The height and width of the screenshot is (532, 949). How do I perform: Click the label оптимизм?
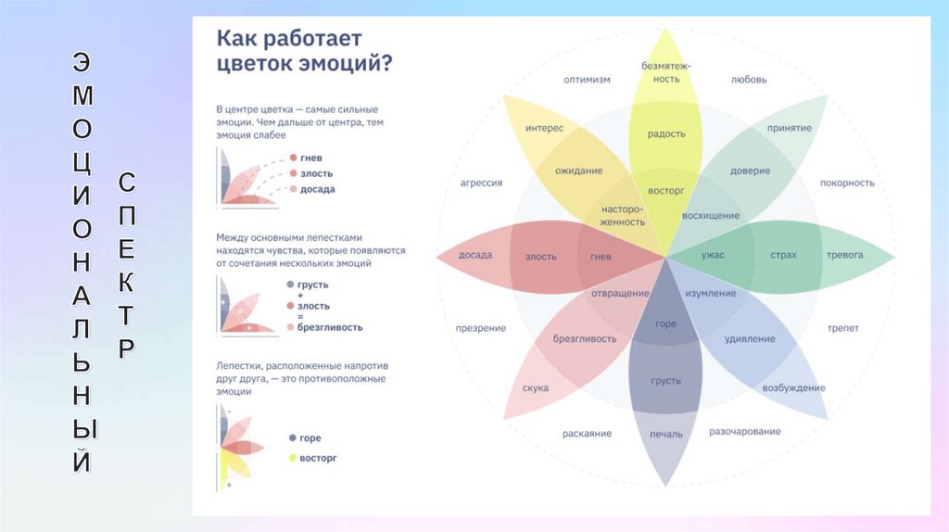pos(587,80)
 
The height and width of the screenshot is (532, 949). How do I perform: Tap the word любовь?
pos(748,80)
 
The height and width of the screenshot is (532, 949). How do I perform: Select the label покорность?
pos(846,183)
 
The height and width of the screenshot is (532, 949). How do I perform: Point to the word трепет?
pos(842,328)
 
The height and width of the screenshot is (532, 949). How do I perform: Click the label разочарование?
pos(744,431)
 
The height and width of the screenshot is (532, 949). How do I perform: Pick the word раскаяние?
pos(586,434)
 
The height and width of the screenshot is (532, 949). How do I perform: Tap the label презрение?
pos(480,328)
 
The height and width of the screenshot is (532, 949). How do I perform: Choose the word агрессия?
pos(481,183)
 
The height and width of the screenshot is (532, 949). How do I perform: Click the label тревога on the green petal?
pos(844,255)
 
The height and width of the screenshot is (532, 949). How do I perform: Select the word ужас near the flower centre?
pos(713,255)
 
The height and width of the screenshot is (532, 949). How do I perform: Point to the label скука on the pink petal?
pos(535,387)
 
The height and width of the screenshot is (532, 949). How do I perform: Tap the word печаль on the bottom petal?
pos(665,434)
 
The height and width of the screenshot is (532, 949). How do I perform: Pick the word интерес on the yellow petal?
pos(544,128)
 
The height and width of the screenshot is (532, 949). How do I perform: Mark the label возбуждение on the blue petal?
pos(793,386)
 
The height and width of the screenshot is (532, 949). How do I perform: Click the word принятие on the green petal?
pos(789,128)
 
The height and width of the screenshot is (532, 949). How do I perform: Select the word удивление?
pos(750,339)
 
